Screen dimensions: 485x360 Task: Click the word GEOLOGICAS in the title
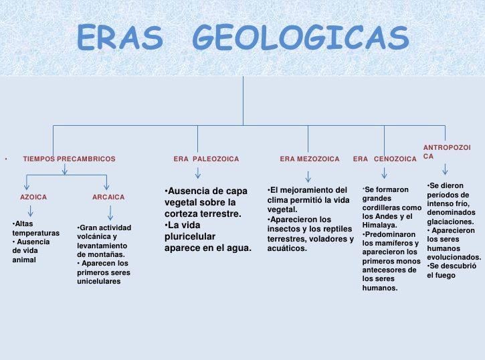301,37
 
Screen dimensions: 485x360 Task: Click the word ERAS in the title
120,37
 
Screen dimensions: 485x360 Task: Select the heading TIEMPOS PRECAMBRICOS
69,159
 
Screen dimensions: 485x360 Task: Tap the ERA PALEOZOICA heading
206,159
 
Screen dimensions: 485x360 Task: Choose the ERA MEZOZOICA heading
310,159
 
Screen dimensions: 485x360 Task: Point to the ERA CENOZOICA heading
385,159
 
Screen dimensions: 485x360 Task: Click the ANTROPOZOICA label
447,152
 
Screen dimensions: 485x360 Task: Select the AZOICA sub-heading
33,197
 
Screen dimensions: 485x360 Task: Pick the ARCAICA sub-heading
108,197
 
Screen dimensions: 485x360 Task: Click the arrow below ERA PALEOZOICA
198,173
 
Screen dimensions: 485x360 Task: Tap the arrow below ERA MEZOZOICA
308,177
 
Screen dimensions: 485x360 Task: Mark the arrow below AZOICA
30,211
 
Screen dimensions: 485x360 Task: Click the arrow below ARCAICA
110,213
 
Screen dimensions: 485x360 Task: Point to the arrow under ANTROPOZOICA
445,169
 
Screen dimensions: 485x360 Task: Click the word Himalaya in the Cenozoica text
379,225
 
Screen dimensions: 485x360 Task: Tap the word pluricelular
190,237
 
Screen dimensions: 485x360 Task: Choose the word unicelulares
98,282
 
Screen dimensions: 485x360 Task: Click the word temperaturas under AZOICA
36,233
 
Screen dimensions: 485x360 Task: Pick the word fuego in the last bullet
446,276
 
